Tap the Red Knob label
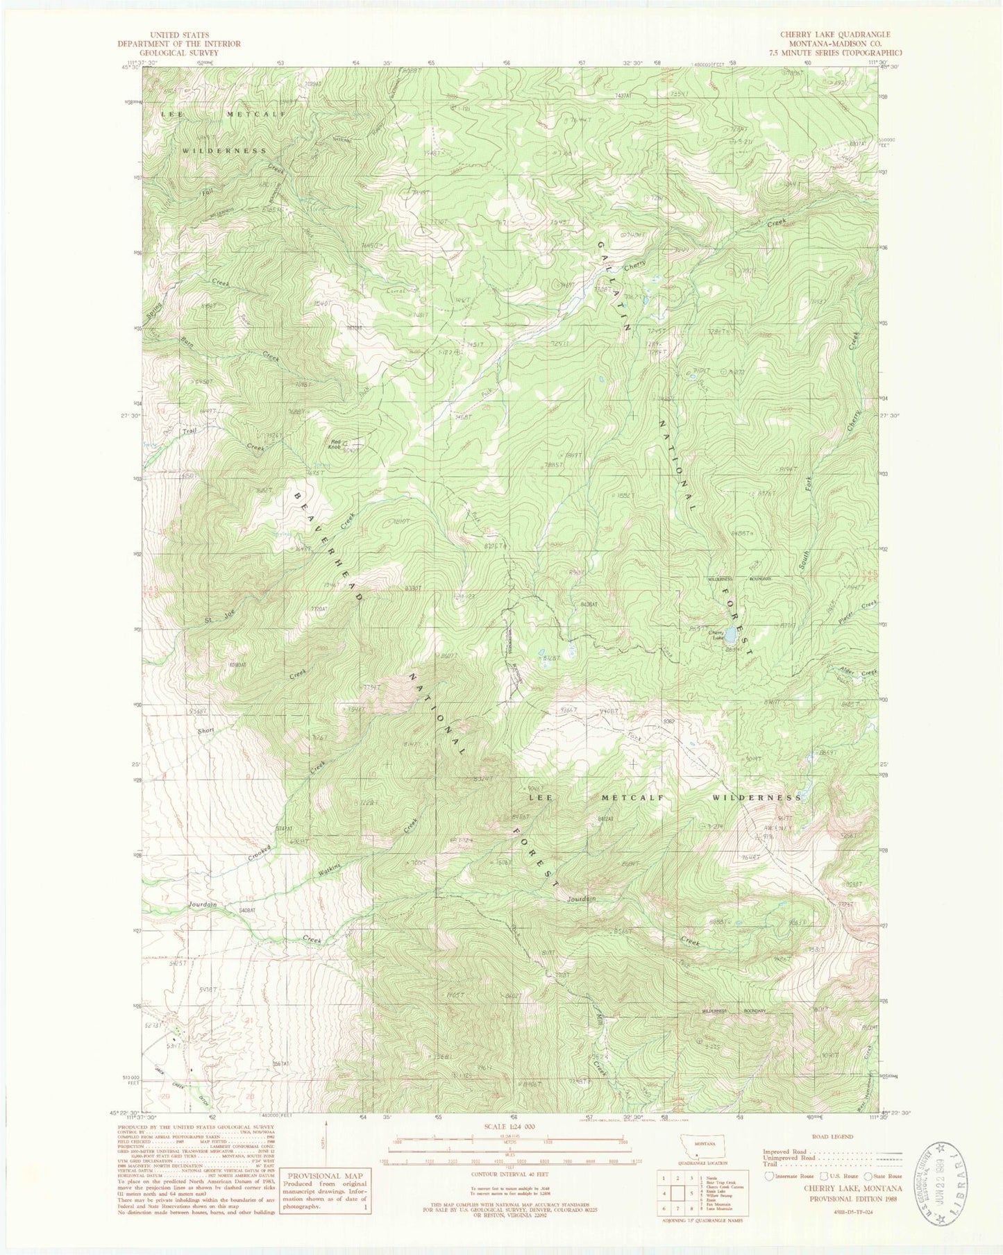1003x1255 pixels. point(335,444)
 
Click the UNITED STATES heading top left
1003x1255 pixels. point(178,34)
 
